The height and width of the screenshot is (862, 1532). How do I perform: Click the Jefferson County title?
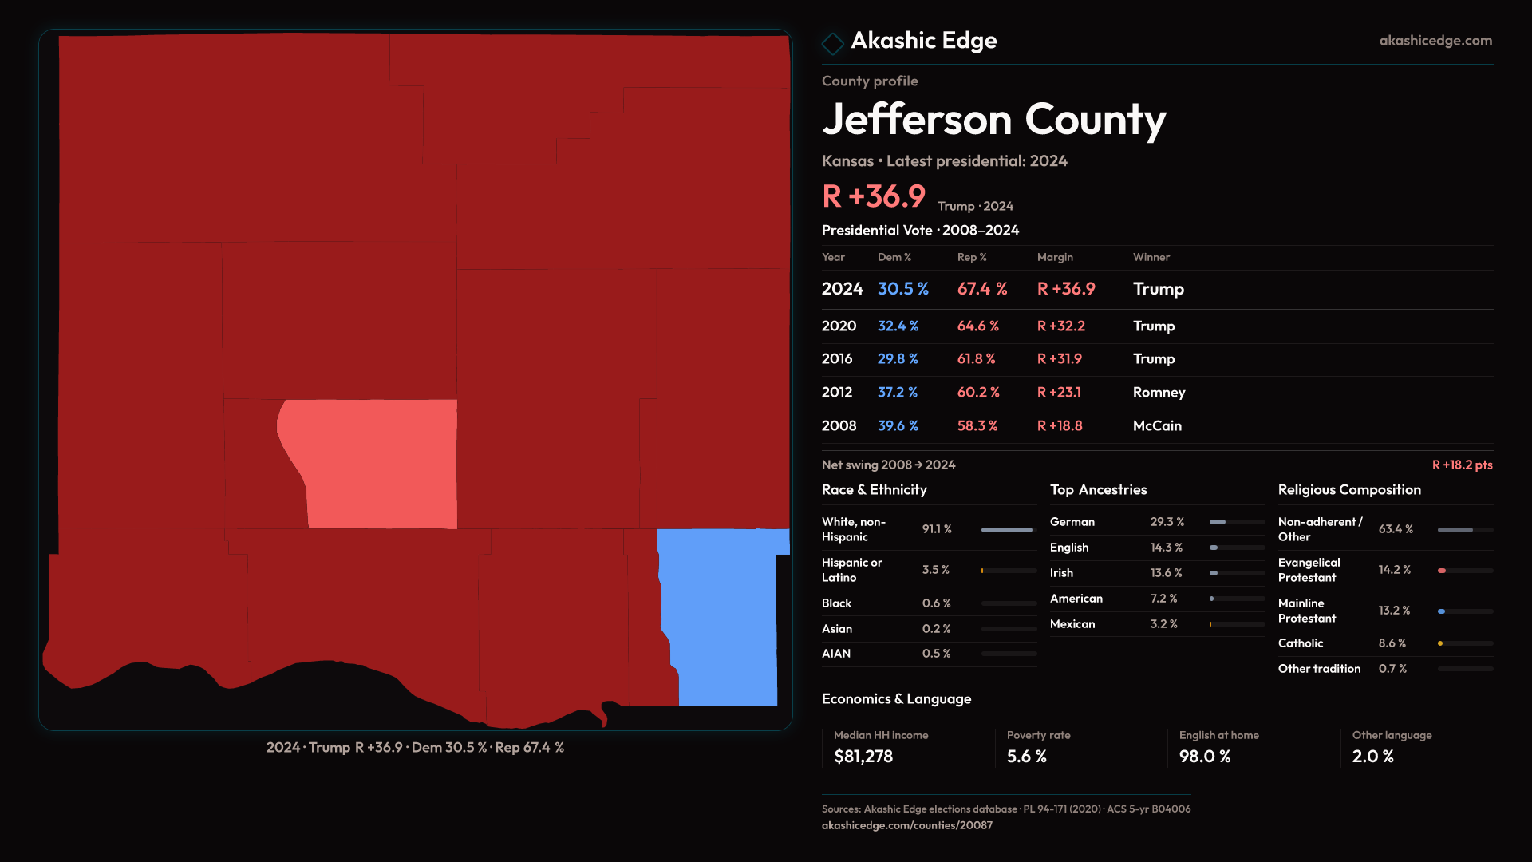(993, 120)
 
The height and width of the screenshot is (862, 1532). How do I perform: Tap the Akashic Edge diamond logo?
(832, 43)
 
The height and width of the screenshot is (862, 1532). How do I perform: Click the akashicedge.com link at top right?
(1435, 41)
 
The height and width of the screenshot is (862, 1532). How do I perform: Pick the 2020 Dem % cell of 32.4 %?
(898, 326)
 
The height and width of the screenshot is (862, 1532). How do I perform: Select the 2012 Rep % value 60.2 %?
(977, 393)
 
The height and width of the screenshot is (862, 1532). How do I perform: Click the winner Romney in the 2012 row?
(1159, 393)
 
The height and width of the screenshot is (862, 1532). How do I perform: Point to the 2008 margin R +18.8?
(1059, 426)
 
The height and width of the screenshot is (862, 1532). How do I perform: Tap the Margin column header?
(1055, 258)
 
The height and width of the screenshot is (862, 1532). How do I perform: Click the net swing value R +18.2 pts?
(1462, 465)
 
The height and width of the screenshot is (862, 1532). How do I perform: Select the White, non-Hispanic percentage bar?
(1008, 530)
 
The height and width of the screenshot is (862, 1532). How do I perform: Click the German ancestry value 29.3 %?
(1167, 522)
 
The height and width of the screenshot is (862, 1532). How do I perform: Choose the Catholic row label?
(1300, 643)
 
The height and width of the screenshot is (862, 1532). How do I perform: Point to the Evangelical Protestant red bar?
(1443, 571)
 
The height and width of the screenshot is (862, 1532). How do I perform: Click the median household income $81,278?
(863, 757)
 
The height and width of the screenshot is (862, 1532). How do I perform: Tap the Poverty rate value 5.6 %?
(1026, 757)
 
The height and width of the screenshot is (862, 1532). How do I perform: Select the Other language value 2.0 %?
(1372, 757)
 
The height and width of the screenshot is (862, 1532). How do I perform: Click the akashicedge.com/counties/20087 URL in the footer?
(906, 826)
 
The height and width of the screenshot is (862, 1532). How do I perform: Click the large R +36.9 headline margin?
(874, 196)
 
